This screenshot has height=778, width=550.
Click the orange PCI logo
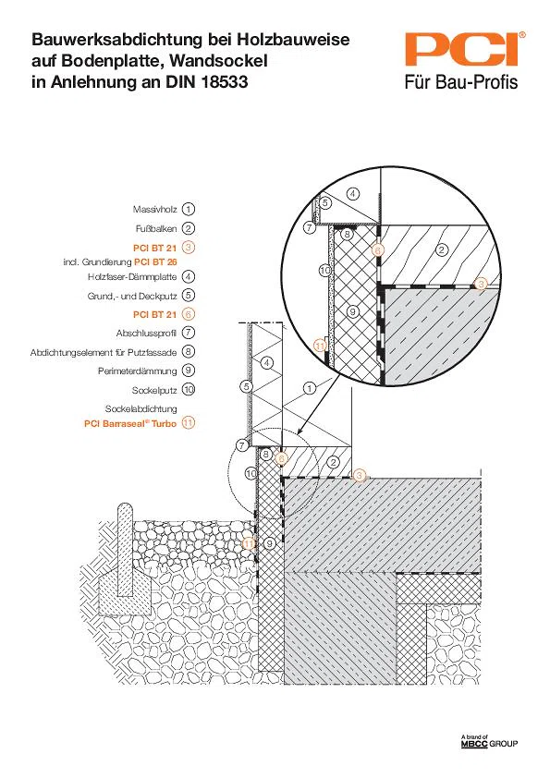tap(465, 49)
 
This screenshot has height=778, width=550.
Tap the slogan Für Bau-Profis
tap(461, 82)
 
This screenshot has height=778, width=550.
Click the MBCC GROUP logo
tap(489, 742)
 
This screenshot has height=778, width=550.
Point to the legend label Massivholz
tap(154, 210)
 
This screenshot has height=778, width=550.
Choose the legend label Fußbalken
tap(156, 229)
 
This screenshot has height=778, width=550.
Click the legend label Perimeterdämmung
tap(137, 371)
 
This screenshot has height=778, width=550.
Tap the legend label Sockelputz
tap(154, 391)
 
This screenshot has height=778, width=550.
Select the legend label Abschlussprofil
tap(146, 333)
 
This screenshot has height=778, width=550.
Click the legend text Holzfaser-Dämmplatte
tap(132, 277)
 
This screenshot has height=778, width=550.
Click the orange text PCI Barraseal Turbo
tap(130, 424)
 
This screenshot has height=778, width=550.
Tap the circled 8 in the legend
tap(189, 352)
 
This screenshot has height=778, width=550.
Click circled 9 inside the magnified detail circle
tap(352, 311)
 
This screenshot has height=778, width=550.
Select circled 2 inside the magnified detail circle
tap(442, 249)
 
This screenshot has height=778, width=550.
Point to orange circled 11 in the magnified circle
tap(320, 346)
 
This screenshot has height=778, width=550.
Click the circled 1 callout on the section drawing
tap(310, 388)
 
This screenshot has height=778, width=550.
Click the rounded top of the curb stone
tap(125, 510)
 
